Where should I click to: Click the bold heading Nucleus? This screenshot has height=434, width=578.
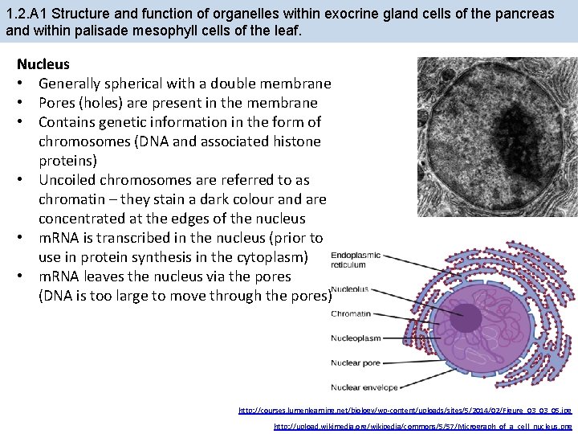tap(43, 63)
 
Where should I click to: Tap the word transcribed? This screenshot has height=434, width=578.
tap(136, 238)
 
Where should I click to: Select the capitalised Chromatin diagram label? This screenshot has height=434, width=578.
tap(350, 313)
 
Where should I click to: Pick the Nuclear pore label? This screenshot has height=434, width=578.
tap(355, 362)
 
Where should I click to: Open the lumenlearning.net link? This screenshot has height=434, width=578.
tap(405, 410)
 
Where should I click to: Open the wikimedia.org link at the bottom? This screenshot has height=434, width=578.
tap(423, 426)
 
